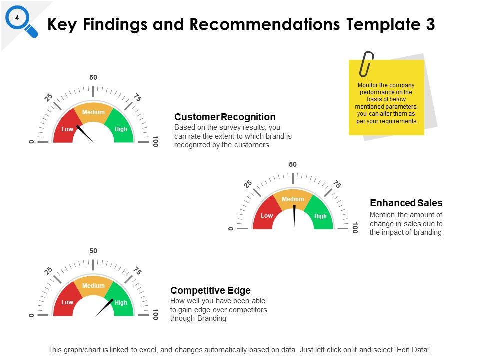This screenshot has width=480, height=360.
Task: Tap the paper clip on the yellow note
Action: point(367,63)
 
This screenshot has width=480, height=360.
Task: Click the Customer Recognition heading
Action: point(225,117)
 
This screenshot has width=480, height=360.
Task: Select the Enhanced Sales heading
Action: point(406,203)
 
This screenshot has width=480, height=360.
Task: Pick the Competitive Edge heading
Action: point(210,290)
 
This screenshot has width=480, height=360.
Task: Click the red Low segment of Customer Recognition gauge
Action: point(67,129)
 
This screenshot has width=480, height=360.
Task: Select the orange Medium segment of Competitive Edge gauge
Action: point(93,286)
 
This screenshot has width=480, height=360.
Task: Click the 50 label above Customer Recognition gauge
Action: point(93,77)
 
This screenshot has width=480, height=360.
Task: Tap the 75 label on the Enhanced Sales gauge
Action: point(337,184)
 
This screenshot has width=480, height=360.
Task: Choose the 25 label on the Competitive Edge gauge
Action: point(48,271)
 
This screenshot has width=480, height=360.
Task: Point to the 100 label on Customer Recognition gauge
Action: point(155,141)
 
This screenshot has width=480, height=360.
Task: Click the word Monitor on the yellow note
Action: point(368,85)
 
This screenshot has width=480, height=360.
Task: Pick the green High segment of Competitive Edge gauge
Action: point(121,302)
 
